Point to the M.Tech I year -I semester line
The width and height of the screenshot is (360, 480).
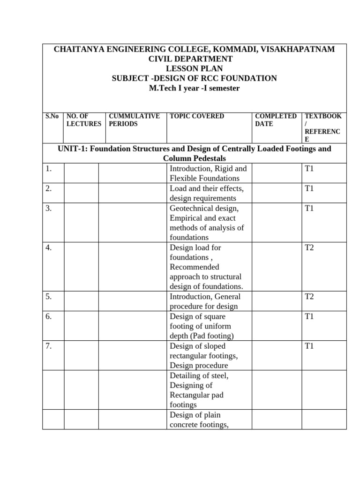(x=194, y=88)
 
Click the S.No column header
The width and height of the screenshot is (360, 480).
(x=52, y=116)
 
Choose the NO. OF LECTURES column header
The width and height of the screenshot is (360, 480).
(x=84, y=120)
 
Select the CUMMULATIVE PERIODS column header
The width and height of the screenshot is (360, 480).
(x=134, y=120)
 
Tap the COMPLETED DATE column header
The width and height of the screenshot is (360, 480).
(x=276, y=120)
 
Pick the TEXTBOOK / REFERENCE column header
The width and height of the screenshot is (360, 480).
(x=323, y=127)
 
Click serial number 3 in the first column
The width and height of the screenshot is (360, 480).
(x=49, y=208)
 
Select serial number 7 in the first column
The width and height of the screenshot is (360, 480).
(x=49, y=346)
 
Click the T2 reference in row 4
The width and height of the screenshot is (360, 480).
(x=309, y=247)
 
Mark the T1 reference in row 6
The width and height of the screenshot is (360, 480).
(x=309, y=316)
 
